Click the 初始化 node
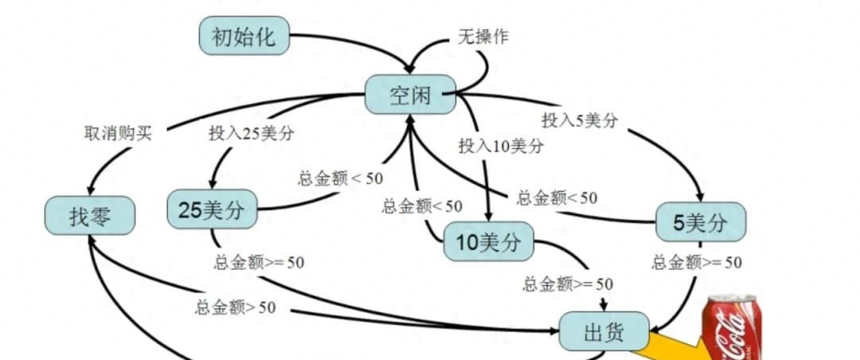point(244,37)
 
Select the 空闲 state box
point(410,96)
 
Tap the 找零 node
point(90,216)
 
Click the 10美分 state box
point(489,242)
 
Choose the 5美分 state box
point(700,223)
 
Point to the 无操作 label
point(483,37)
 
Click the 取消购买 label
point(117,133)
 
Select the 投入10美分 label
point(502,147)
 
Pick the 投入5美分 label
point(580,121)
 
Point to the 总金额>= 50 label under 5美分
point(697,262)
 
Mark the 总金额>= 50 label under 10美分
point(568,284)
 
